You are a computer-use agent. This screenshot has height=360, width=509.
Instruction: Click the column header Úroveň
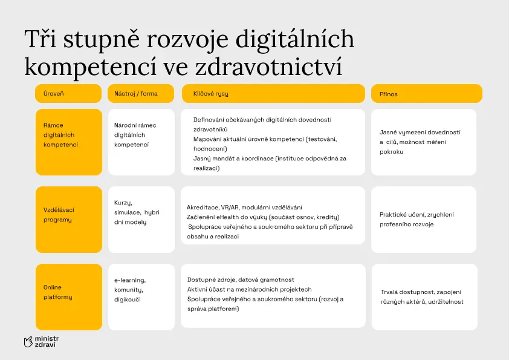point(68,94)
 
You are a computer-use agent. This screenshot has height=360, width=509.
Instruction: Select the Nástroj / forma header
point(141,94)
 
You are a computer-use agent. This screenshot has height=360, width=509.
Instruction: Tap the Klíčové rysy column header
point(273,94)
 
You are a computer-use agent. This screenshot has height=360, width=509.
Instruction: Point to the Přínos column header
point(427,94)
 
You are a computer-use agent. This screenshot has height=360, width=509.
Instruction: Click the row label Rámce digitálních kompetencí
point(69,142)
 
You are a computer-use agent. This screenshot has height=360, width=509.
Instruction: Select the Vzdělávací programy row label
point(69,220)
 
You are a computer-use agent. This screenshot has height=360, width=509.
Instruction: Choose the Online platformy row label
point(69,297)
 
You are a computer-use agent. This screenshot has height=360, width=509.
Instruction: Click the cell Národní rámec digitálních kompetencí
point(141,142)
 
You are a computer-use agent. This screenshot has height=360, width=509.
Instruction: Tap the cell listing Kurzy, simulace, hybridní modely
point(141,220)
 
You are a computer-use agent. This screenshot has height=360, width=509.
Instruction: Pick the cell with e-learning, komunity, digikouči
point(141,297)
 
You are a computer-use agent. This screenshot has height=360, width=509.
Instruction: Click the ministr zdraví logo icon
point(28,342)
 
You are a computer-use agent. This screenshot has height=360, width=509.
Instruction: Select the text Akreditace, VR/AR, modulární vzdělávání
point(244,208)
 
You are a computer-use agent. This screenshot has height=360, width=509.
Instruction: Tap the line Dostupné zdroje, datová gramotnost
point(241,280)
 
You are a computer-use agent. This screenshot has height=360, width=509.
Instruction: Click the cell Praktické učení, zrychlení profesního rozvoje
point(424,220)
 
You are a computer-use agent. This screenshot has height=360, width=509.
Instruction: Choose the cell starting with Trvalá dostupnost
point(424,297)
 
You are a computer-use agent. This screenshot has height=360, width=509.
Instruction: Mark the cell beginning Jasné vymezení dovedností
point(424,142)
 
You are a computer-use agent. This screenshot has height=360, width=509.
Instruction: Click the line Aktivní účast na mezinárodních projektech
point(249,289)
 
